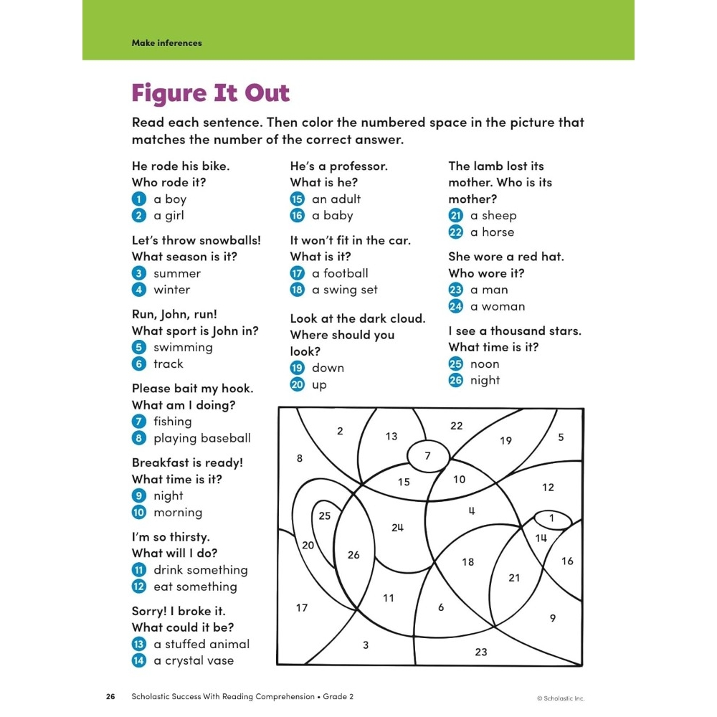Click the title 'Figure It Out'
tap(210, 93)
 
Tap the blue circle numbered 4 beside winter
tap(139, 290)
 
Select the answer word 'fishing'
tap(173, 422)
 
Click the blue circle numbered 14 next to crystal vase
tap(139, 660)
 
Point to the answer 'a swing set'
tap(345, 290)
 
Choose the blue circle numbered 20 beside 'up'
tap(298, 384)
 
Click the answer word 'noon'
tap(485, 364)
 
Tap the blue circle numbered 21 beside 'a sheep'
tap(456, 215)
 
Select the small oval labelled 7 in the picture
tap(428, 455)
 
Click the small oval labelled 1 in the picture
tap(551, 518)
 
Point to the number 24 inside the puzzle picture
tap(397, 527)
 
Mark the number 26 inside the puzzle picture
tap(353, 554)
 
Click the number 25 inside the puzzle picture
tap(325, 516)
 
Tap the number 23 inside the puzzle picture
tap(481, 652)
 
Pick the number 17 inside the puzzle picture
tap(302, 608)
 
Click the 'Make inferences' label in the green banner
tap(166, 43)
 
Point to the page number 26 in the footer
tap(110, 696)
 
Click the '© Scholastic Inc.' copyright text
tap(561, 698)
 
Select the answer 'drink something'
tap(201, 570)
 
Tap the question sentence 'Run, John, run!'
tap(174, 314)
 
